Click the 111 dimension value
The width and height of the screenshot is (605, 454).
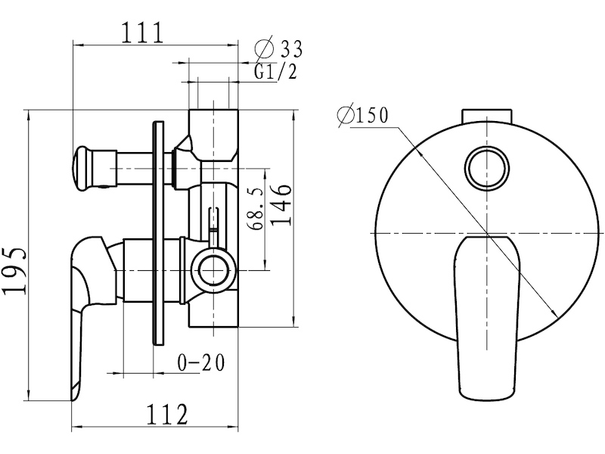[x=143, y=33]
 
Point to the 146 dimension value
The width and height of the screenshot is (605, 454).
[x=280, y=204]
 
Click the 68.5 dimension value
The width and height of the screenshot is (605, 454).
[x=257, y=209]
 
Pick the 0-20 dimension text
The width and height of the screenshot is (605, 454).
[x=200, y=362]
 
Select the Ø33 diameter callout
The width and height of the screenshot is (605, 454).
[x=278, y=49]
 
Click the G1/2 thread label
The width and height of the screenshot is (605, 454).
[x=275, y=72]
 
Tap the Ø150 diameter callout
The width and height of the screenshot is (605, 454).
[x=362, y=115]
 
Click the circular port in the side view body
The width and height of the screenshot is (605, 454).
[x=213, y=270]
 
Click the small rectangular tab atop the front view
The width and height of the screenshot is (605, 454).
[x=487, y=117]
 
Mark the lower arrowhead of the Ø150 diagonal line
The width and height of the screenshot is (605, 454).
[x=555, y=314]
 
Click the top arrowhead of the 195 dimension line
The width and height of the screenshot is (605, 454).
[x=29, y=115]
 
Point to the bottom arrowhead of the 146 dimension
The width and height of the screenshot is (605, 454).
[x=296, y=322]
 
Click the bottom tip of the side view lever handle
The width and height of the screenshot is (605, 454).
[x=72, y=400]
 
